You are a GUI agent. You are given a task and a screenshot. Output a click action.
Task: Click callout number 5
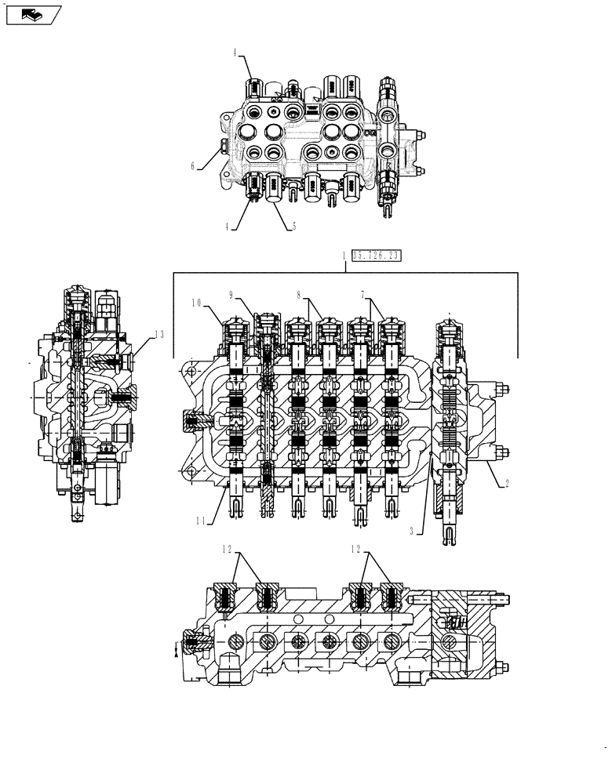(293, 227)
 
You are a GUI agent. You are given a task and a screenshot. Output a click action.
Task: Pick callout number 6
(192, 166)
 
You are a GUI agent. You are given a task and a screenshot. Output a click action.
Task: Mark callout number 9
(232, 296)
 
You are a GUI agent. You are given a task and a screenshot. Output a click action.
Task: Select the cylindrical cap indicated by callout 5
(275, 188)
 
